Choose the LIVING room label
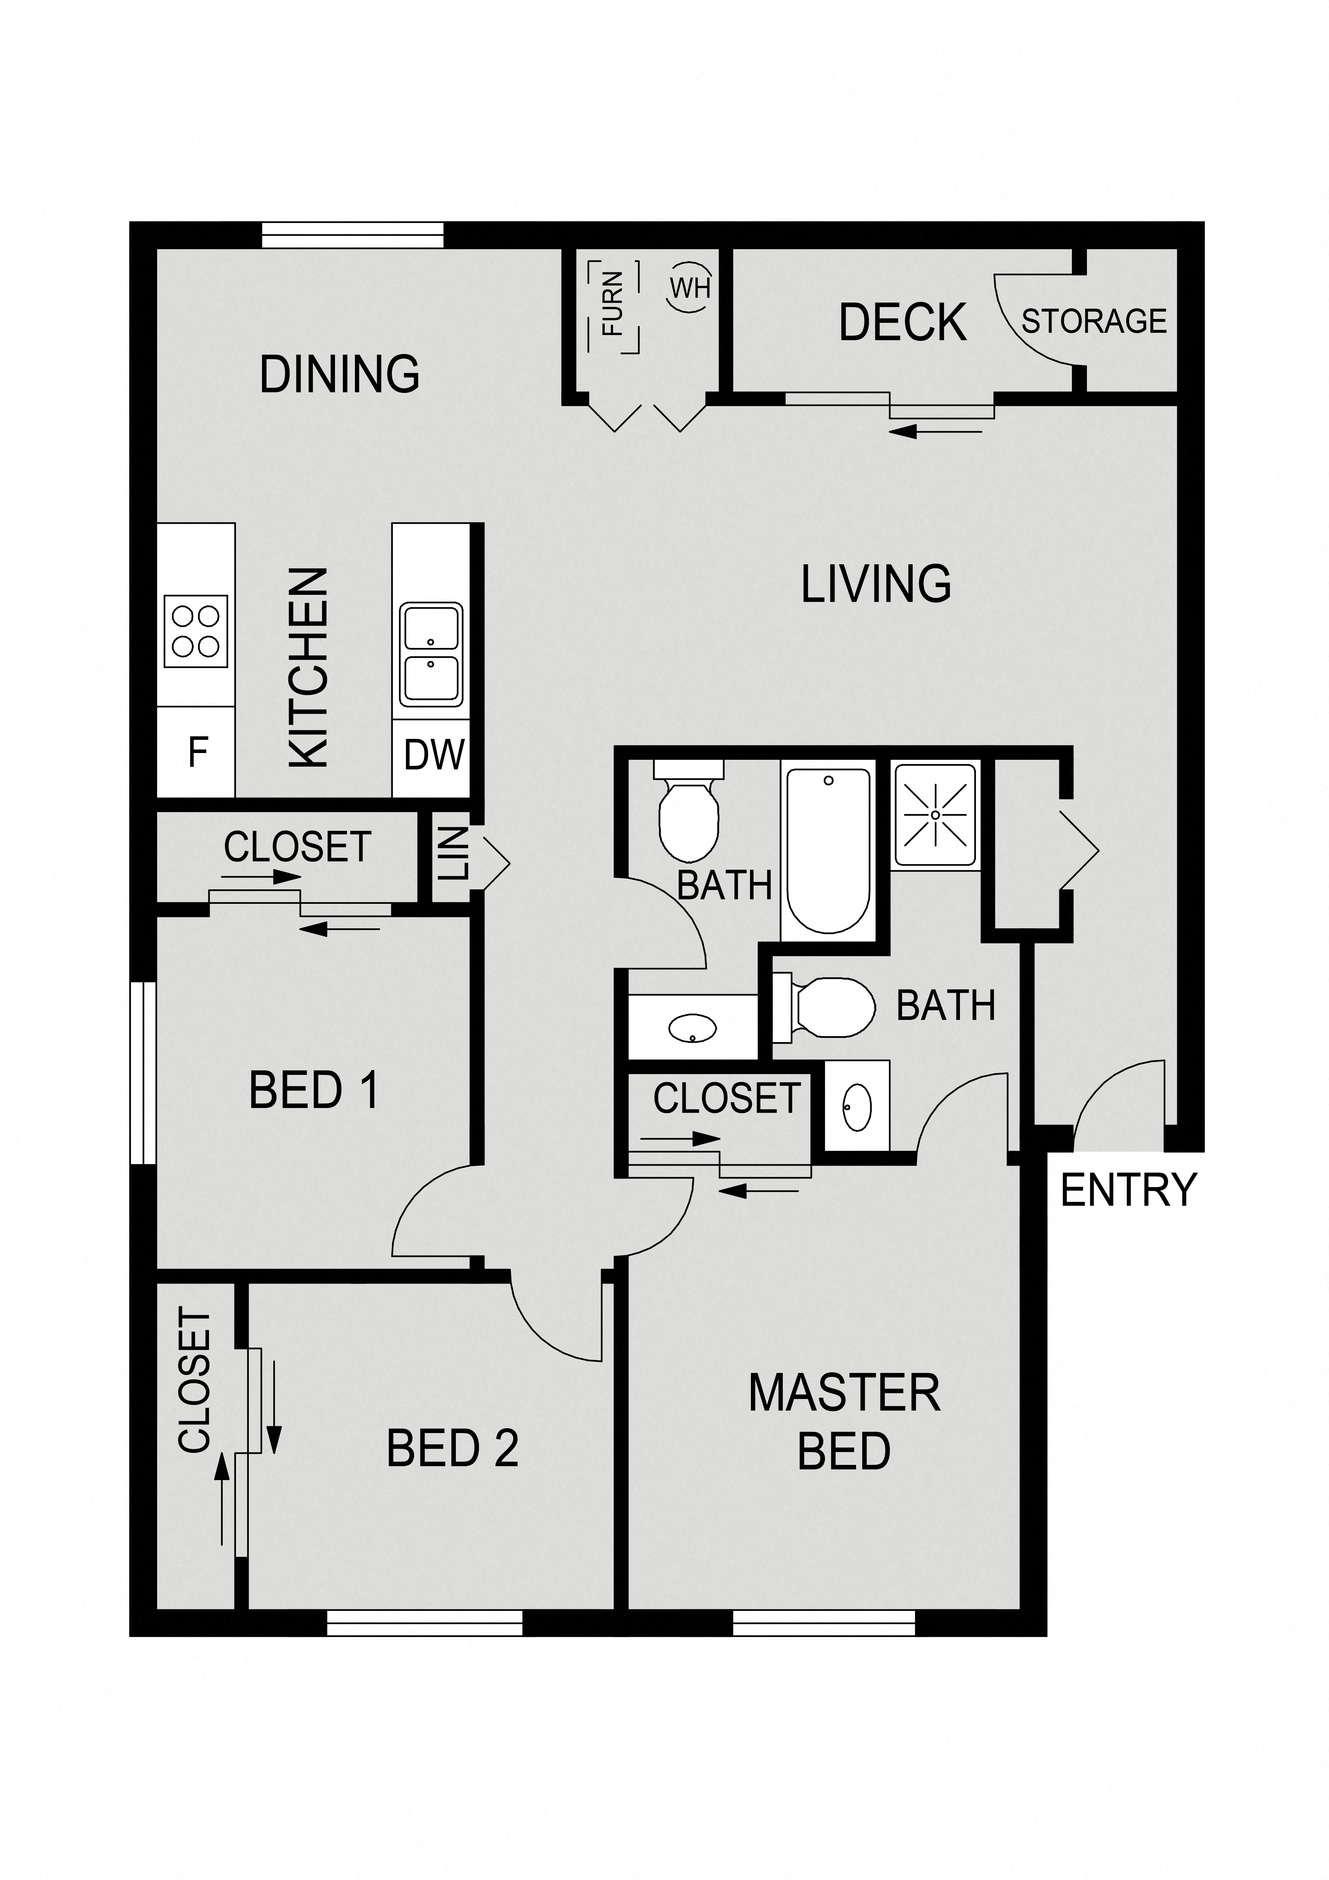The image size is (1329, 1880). pyautogui.click(x=875, y=584)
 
